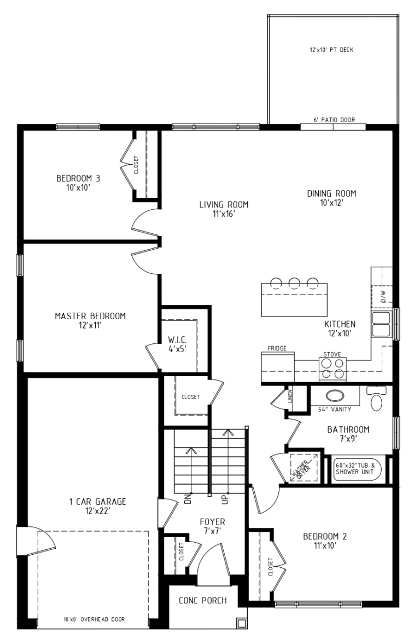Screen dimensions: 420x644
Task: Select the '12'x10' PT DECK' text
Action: point(331,50)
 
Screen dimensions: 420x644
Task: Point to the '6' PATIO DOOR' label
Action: point(334,120)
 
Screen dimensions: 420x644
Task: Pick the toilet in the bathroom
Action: point(376,398)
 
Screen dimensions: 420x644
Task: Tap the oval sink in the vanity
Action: point(336,396)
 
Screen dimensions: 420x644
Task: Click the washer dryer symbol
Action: point(304,467)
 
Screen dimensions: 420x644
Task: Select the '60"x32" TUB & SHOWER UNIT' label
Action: point(355,469)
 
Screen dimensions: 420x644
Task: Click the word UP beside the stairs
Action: point(225,498)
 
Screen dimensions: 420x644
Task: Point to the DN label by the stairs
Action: point(188,498)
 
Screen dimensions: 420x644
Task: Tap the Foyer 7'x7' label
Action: point(212,527)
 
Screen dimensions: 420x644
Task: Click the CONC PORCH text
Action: point(202,600)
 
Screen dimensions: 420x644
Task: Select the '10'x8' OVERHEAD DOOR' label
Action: point(94,619)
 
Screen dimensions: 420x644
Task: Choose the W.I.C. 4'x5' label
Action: point(177,344)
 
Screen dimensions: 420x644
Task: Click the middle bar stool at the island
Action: point(294,283)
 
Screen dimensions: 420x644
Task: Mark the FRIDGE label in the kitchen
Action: point(277,348)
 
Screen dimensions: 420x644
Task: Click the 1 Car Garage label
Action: point(97,506)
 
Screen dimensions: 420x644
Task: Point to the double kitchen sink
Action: point(382,324)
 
